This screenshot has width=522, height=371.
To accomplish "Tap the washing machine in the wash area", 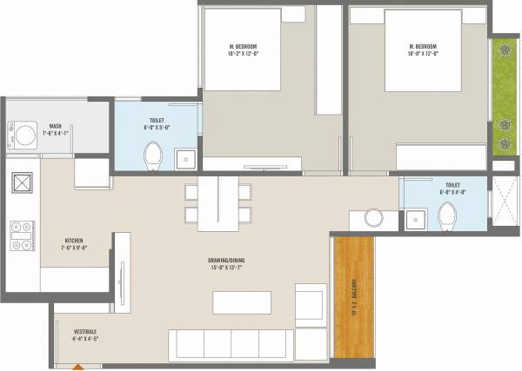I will click(x=24, y=135).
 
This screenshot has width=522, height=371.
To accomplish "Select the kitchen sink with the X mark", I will click(x=21, y=184).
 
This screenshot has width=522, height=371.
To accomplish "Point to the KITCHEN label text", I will click(x=75, y=241).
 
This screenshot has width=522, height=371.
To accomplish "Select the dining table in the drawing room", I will click(x=217, y=205).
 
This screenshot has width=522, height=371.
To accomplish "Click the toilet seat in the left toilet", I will click(x=152, y=157).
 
